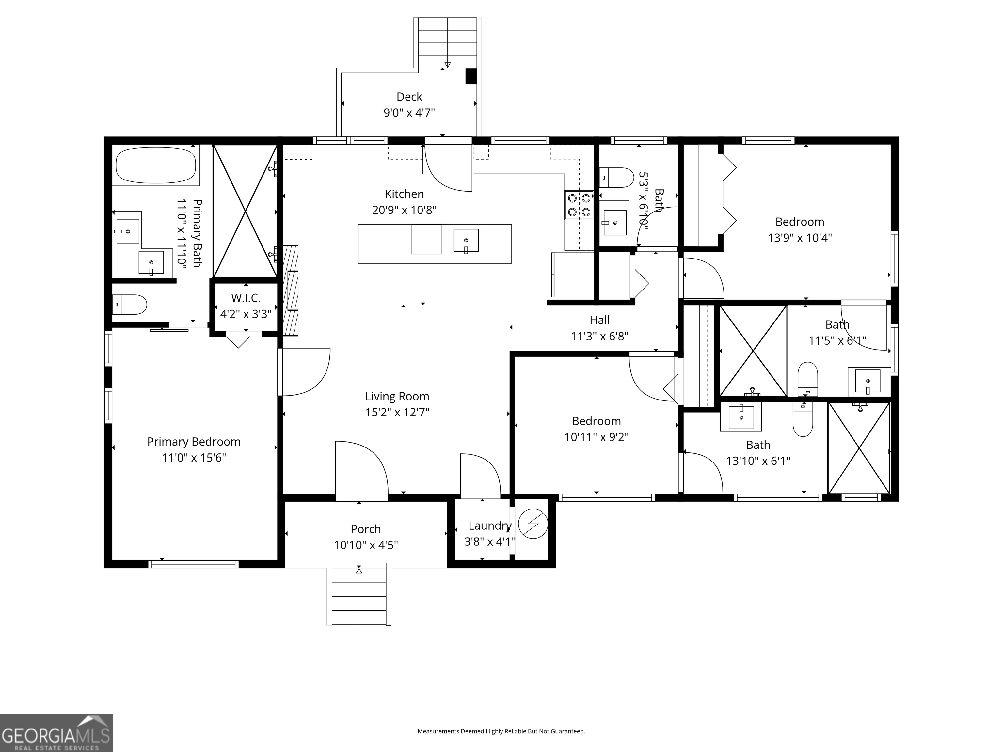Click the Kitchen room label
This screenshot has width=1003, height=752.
pyautogui.click(x=404, y=194)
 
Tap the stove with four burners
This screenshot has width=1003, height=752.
pyautogui.click(x=579, y=205)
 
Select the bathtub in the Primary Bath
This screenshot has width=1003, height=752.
pyautogui.click(x=156, y=165)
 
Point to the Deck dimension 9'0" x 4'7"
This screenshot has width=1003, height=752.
pyautogui.click(x=409, y=112)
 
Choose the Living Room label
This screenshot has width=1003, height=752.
pyautogui.click(x=397, y=396)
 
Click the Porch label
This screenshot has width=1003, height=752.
pyautogui.click(x=365, y=529)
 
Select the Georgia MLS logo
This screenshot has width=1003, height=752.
pyautogui.click(x=56, y=733)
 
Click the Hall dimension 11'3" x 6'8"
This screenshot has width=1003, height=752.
pyautogui.click(x=599, y=336)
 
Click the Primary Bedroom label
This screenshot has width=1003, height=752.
pyautogui.click(x=194, y=442)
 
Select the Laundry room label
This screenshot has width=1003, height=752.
pyautogui.click(x=490, y=526)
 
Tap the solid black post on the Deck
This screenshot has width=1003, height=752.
pyautogui.click(x=471, y=76)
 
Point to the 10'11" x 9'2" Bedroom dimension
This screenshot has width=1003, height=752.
pyautogui.click(x=596, y=437)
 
